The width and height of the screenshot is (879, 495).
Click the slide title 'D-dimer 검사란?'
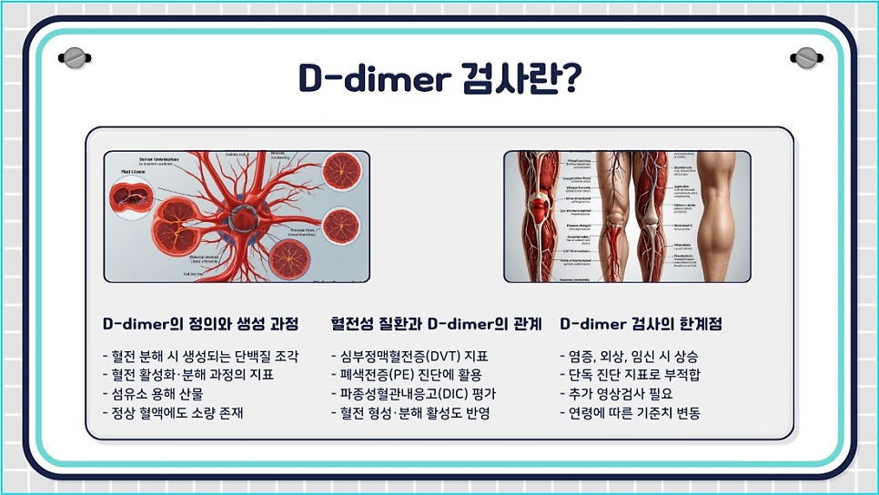(x=439, y=79)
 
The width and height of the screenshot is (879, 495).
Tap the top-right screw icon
(x=805, y=58)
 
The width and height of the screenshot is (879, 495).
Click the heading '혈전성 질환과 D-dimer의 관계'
(x=437, y=324)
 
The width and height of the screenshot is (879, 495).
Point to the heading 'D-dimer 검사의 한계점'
(x=641, y=324)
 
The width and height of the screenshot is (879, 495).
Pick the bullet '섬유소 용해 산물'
(x=153, y=394)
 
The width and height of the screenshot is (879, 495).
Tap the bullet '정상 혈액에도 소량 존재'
(x=173, y=413)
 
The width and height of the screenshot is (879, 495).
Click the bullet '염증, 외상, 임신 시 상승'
(x=628, y=356)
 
